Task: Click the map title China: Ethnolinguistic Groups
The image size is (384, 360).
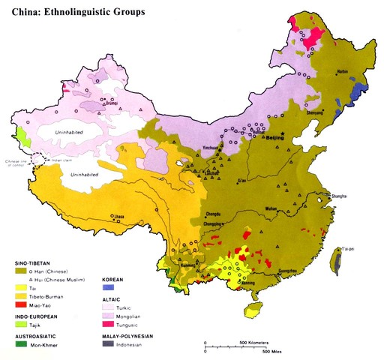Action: [73, 13]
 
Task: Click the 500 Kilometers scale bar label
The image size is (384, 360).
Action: [252, 341]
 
